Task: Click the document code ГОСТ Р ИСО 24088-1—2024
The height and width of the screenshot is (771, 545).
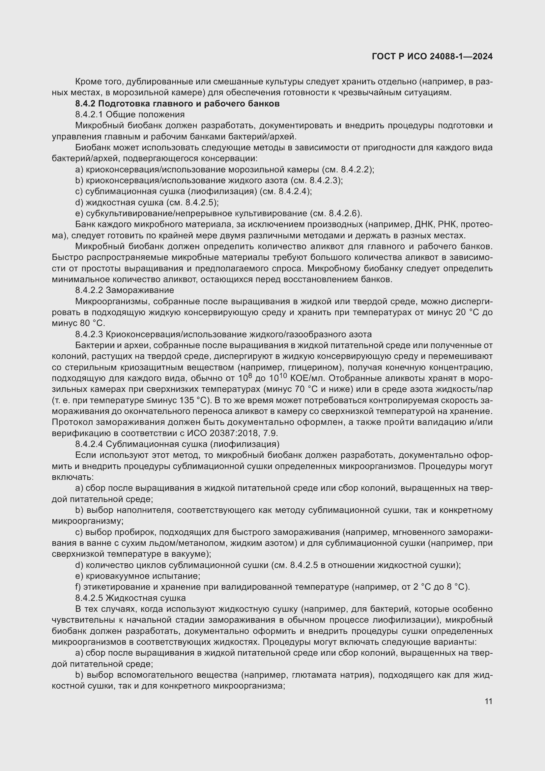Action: (432, 56)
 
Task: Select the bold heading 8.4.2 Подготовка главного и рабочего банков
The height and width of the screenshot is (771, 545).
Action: (177, 104)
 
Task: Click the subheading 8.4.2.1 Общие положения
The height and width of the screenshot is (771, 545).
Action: (130, 114)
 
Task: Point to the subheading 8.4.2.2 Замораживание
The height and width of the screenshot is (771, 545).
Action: (125, 290)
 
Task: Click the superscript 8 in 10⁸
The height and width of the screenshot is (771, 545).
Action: (250, 376)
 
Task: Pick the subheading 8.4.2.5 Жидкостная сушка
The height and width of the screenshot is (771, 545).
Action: (130, 598)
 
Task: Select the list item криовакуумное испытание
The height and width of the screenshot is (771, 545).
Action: (143, 576)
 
